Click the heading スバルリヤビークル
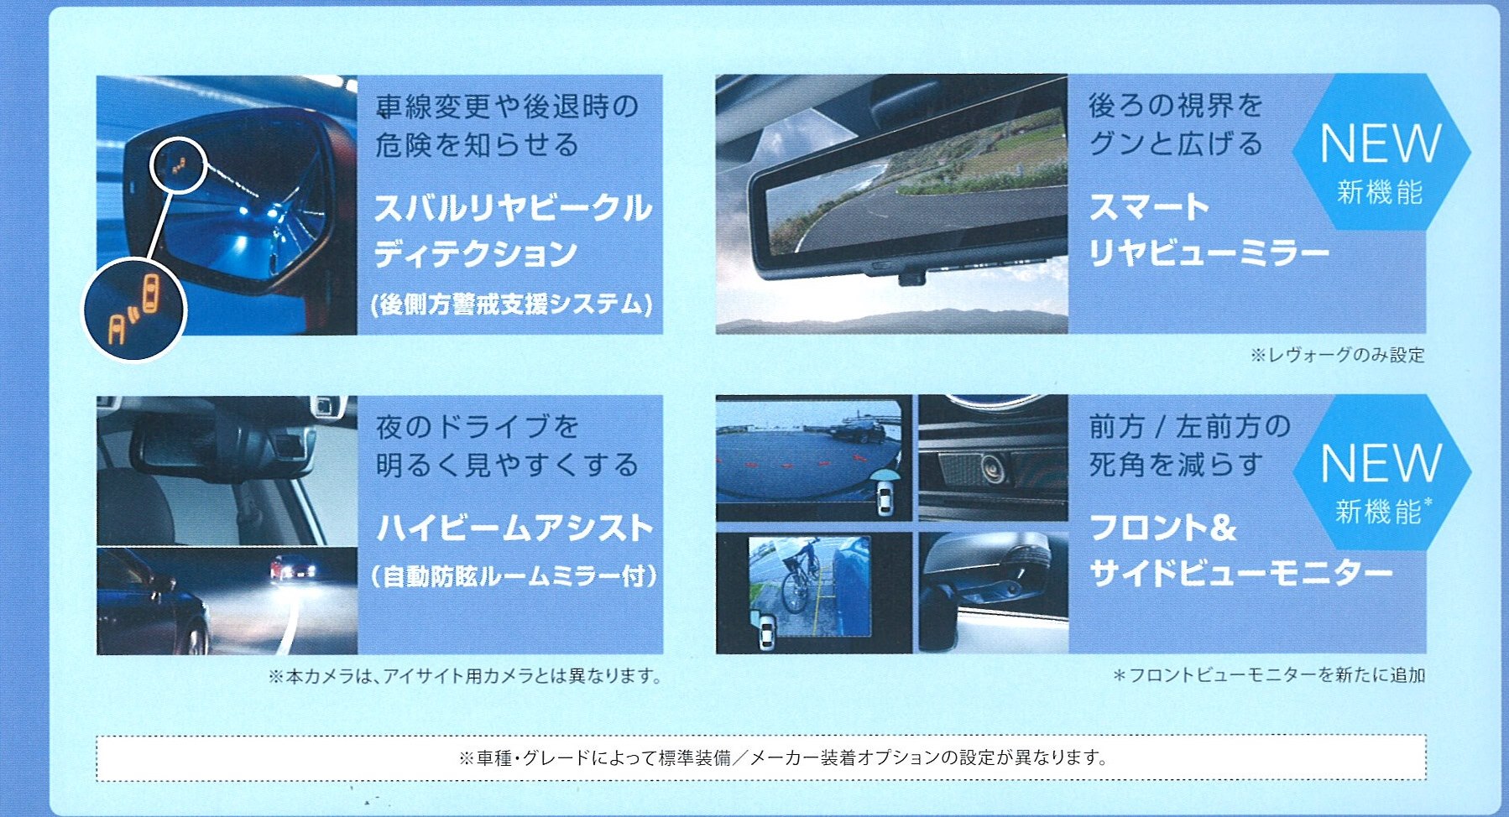pyautogui.click(x=512, y=207)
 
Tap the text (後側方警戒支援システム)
pyautogui.click(x=511, y=303)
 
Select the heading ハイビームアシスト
pyautogui.click(x=514, y=528)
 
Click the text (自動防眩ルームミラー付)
pyautogui.click(x=514, y=575)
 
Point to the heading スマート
pyautogui.click(x=1149, y=206)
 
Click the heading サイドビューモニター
pyautogui.click(x=1240, y=574)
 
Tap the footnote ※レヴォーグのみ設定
pyautogui.click(x=1337, y=355)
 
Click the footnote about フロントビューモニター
pyautogui.click(x=1269, y=674)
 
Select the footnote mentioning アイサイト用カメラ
pyautogui.click(x=465, y=675)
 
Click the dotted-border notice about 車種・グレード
pyautogui.click(x=760, y=757)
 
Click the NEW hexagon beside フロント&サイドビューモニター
pyautogui.click(x=1381, y=472)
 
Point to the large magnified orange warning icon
pyautogui.click(x=134, y=309)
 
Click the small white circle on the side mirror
pyautogui.click(x=178, y=167)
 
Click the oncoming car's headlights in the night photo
pyautogui.click(x=293, y=571)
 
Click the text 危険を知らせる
pyautogui.click(x=477, y=145)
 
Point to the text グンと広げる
pyautogui.click(x=1175, y=143)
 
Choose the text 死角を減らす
pyautogui.click(x=1175, y=464)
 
